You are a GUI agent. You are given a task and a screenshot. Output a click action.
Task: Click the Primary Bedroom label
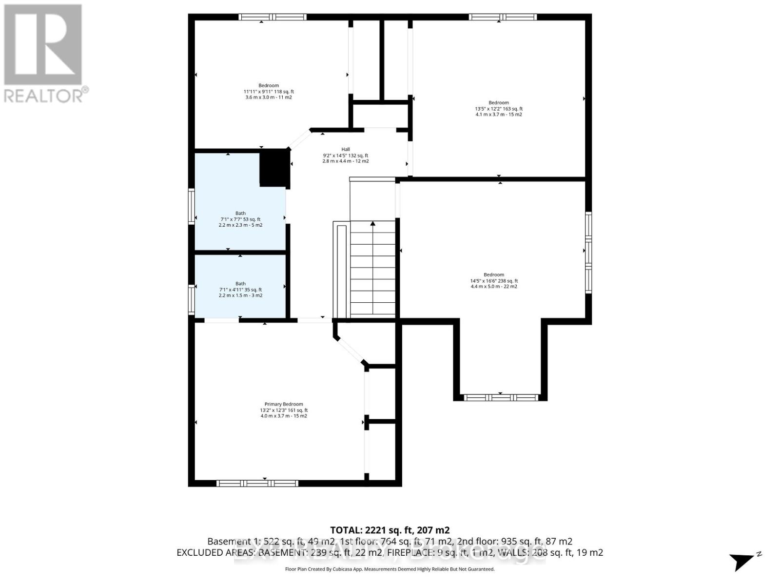284,410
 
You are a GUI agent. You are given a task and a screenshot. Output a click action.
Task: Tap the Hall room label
345,155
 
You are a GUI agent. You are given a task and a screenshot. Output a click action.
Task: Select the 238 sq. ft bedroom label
494,280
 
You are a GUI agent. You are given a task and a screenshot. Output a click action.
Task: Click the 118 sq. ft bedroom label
269,91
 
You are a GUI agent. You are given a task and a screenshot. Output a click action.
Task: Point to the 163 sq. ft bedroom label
499,108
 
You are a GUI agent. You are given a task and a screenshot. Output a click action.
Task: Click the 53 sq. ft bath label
240,219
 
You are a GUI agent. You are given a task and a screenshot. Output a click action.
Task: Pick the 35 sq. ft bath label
240,290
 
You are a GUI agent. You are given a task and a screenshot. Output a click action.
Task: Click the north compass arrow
743,561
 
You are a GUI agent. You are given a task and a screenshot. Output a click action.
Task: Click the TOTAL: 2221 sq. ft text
390,530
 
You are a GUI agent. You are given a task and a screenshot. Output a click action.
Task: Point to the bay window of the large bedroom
501,397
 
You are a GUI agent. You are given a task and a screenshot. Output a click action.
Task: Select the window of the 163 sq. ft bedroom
503,17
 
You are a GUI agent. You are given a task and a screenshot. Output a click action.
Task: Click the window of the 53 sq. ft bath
192,206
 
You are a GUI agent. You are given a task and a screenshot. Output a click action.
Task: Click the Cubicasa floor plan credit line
390,569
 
